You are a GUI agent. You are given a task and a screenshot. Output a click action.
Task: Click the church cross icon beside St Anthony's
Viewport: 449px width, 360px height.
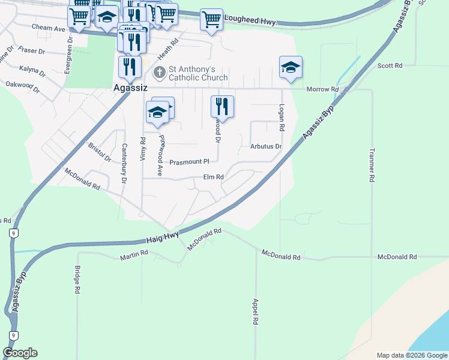click(x=159, y=73)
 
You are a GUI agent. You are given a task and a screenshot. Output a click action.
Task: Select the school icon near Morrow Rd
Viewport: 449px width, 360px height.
click(x=291, y=68)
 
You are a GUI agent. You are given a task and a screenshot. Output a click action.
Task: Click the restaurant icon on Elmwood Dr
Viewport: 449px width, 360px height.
click(x=222, y=107)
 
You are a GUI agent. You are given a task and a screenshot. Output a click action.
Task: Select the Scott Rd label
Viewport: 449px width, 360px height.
click(x=390, y=65)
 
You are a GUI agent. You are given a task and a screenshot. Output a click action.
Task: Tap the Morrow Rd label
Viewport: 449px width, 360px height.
click(x=322, y=89)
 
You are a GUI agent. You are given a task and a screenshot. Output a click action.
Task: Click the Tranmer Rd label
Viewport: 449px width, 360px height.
click(x=372, y=165)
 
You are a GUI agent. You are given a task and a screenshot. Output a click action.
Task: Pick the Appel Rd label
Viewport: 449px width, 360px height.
click(x=256, y=312)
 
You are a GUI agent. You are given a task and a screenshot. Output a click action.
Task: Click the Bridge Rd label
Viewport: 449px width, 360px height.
click(x=77, y=280)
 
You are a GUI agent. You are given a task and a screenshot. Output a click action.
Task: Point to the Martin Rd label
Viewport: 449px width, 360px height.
click(x=133, y=256)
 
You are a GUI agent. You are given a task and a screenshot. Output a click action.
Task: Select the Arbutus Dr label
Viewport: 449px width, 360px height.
click(x=266, y=146)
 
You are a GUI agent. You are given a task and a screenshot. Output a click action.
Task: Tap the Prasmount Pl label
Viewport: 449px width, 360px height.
click(x=188, y=162)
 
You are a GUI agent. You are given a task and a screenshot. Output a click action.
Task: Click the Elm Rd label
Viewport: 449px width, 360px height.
click(x=213, y=177)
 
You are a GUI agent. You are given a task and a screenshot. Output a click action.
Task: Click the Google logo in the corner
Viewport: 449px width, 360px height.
click(x=20, y=353)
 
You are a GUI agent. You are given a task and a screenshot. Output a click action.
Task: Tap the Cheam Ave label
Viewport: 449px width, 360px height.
click(x=48, y=28)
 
